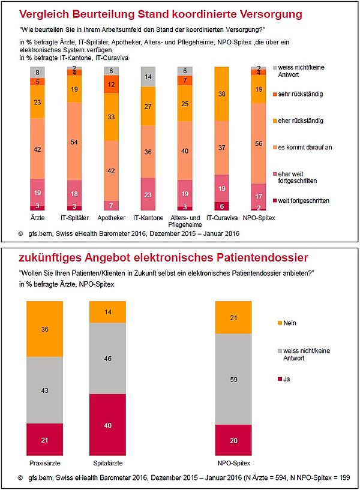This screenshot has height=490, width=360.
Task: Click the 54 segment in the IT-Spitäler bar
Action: tap(73, 142)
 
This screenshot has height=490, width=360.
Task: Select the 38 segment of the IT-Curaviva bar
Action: tap(222, 94)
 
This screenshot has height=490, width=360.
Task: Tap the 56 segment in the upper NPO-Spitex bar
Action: tap(259, 144)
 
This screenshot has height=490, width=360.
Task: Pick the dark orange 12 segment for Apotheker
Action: tap(110, 85)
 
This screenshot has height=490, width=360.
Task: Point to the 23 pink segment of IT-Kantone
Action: tap(148, 195)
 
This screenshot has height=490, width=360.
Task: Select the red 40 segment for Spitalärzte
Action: tap(107, 425)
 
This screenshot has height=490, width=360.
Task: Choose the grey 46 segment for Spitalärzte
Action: tap(107, 358)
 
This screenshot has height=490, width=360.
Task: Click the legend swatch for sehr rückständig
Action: tap(274, 94)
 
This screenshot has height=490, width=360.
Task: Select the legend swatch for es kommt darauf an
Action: tap(274, 147)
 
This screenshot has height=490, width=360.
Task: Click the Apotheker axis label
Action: tap(110, 218)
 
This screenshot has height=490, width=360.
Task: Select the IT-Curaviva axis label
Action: tap(222, 218)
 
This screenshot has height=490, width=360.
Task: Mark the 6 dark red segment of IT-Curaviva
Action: tap(222, 205)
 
